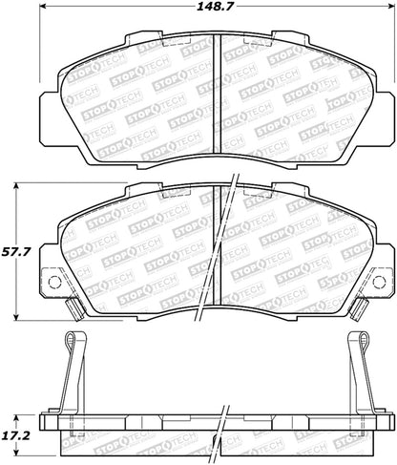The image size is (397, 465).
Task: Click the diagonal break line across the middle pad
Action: (227, 248)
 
